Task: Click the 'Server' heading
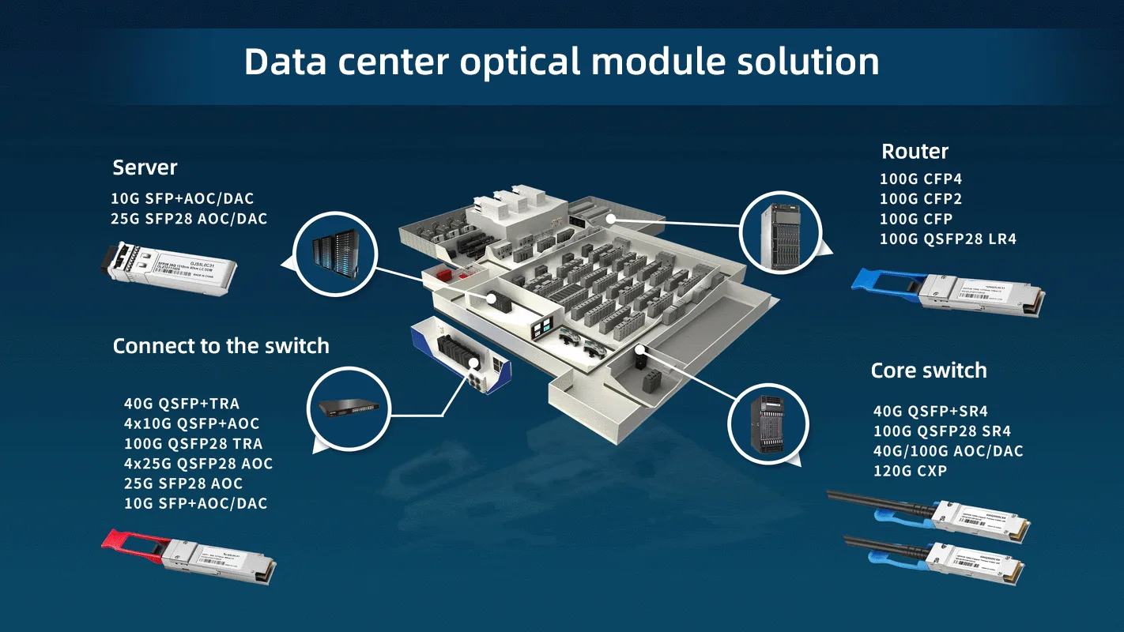[145, 167]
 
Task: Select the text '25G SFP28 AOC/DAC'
[189, 219]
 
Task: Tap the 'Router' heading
[915, 152]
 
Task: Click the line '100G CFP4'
[920, 179]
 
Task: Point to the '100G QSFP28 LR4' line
[948, 239]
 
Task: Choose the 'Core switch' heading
[928, 371]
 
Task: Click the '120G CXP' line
[910, 471]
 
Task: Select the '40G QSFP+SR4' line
[930, 412]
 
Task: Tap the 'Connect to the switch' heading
[221, 346]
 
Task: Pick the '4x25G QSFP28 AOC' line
[198, 464]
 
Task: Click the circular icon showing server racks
[333, 253]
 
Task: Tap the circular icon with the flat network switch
[348, 408]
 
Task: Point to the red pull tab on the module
[126, 539]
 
